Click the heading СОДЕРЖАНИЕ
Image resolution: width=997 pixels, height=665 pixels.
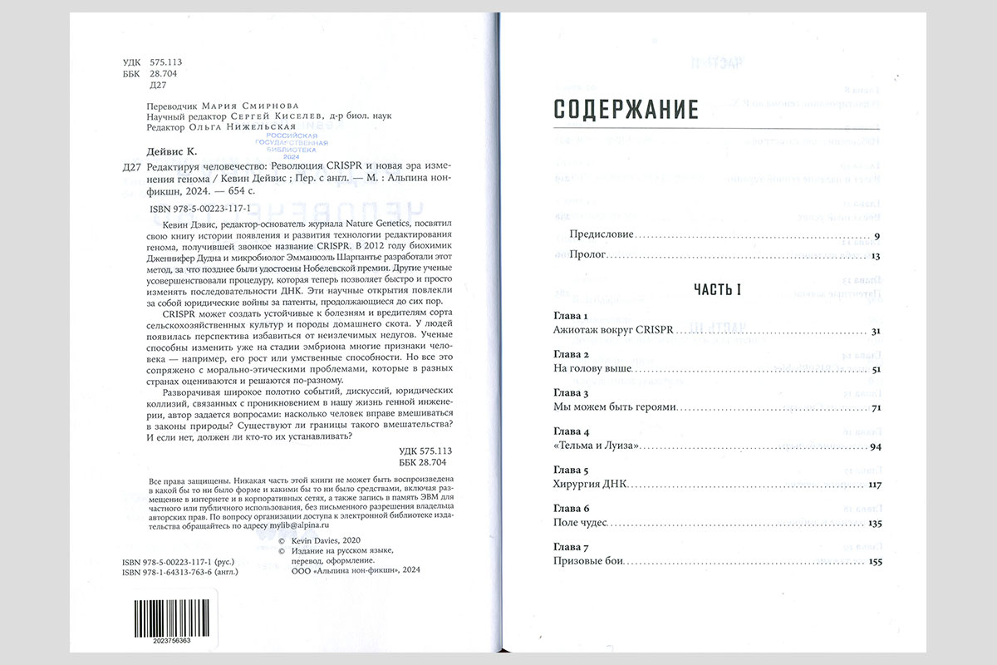pyautogui.click(x=626, y=109)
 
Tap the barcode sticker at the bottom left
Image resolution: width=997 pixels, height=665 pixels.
pyautogui.click(x=162, y=616)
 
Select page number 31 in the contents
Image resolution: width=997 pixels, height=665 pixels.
pyautogui.click(x=874, y=332)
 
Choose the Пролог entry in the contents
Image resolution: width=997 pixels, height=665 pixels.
pyautogui.click(x=588, y=255)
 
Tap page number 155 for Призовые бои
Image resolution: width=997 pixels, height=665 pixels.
pyautogui.click(x=872, y=562)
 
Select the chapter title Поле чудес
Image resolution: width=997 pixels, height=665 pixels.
pyautogui.click(x=581, y=523)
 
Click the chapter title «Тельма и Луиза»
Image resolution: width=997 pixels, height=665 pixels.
pyautogui.click(x=595, y=446)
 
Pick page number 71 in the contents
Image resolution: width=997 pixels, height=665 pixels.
pyautogui.click(x=875, y=408)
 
